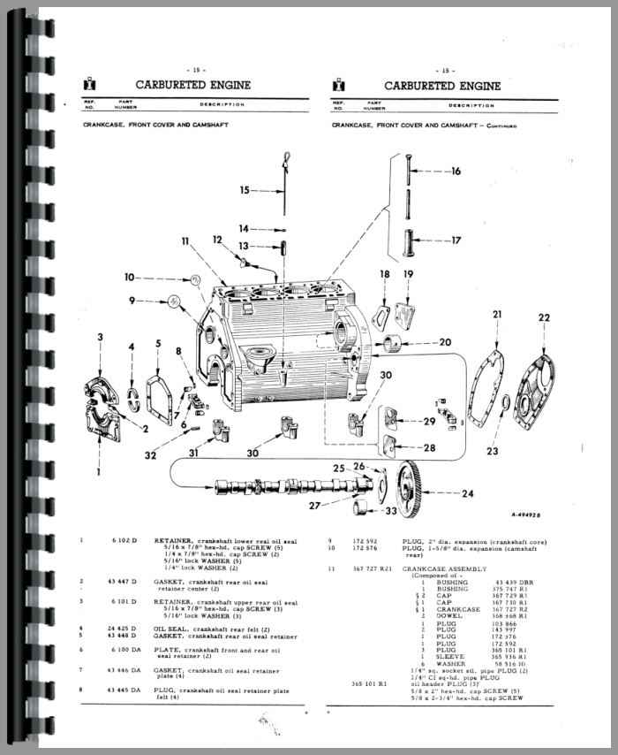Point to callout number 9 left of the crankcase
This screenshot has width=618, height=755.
tap(132, 301)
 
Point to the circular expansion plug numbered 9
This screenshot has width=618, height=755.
tap(176, 301)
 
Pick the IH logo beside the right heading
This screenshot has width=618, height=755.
tap(339, 86)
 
